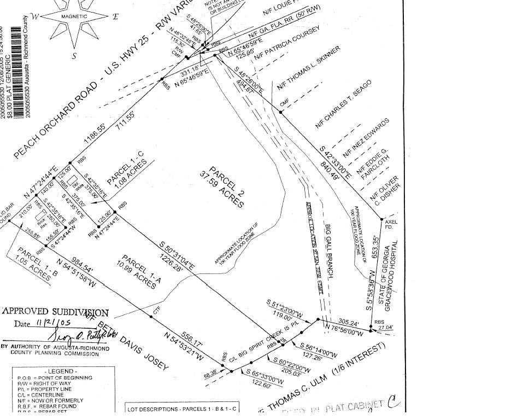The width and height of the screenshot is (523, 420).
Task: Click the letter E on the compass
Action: pyautogui.click(x=115, y=16)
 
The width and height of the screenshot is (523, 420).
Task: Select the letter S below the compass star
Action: pyautogui.click(x=74, y=55)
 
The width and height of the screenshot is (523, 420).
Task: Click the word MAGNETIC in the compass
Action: pyautogui.click(x=74, y=17)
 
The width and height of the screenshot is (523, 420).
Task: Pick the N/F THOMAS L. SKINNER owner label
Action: pyautogui.click(x=309, y=68)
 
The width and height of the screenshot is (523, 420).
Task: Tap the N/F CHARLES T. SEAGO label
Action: pyautogui.click(x=343, y=104)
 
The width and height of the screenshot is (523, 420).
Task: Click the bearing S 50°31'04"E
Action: pyautogui.click(x=177, y=254)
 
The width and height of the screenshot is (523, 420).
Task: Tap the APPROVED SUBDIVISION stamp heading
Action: pyautogui.click(x=55, y=312)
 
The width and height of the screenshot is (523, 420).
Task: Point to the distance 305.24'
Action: pyautogui.click(x=348, y=323)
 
